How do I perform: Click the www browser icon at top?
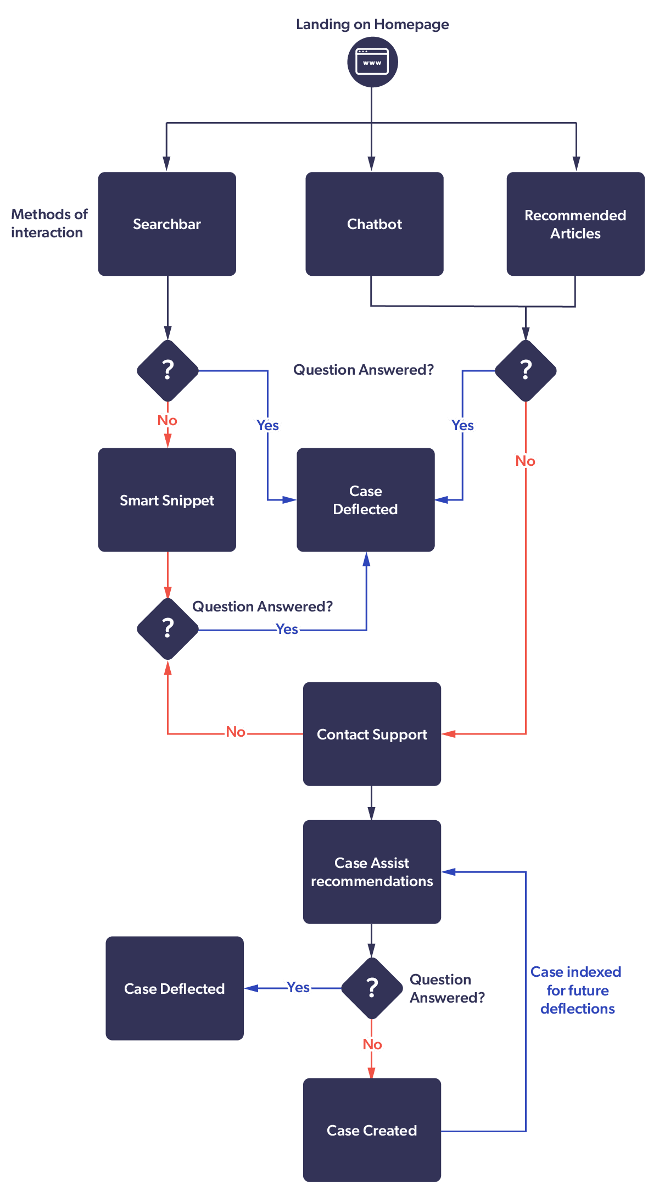(x=372, y=62)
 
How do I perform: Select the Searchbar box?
(x=167, y=224)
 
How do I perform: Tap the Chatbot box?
(x=374, y=224)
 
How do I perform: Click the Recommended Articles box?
(x=575, y=224)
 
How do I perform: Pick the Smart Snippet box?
(x=167, y=500)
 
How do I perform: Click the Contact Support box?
(x=372, y=734)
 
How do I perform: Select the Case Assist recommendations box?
(x=372, y=872)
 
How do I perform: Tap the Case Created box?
(x=372, y=1130)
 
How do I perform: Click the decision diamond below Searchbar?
(x=167, y=370)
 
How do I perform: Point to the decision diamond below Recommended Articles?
(x=526, y=370)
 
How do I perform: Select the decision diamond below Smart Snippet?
(x=167, y=628)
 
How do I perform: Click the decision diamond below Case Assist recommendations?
(x=372, y=988)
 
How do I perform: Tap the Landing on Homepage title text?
(x=372, y=24)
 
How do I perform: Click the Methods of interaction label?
(x=48, y=223)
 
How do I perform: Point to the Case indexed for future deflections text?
(x=577, y=990)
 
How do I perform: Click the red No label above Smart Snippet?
(x=167, y=420)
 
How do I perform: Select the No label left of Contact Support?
(x=236, y=732)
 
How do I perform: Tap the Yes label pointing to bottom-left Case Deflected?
(x=298, y=987)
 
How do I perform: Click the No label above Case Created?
(x=372, y=1044)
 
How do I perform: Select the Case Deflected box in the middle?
(x=365, y=500)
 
